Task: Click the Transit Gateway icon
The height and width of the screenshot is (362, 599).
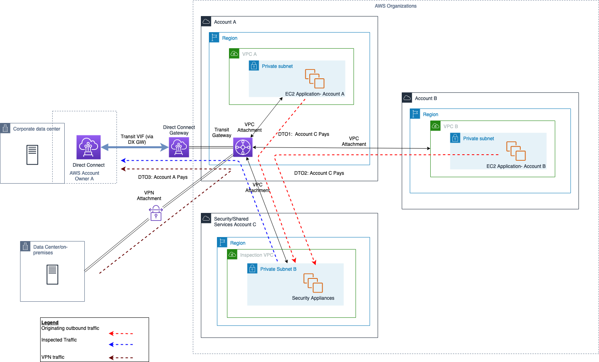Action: [x=243, y=147]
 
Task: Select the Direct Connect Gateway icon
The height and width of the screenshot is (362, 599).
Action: [x=179, y=147]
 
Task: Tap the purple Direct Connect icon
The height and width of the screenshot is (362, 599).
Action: [x=88, y=147]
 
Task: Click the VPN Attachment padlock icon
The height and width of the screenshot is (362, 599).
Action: [x=156, y=213]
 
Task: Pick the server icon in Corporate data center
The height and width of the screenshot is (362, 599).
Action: [x=32, y=155]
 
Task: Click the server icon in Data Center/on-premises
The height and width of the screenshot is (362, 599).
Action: [x=52, y=274]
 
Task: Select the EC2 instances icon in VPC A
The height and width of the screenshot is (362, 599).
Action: [x=315, y=79]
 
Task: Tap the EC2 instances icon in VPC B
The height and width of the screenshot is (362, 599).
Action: [x=516, y=151]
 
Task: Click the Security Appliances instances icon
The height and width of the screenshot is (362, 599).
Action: [x=313, y=283]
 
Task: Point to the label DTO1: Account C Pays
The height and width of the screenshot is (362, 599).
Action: [x=304, y=134]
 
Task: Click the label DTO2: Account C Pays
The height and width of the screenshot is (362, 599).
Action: [x=319, y=173]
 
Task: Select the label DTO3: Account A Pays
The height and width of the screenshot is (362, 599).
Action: [x=163, y=177]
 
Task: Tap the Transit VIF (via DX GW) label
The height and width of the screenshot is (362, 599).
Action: [x=137, y=139]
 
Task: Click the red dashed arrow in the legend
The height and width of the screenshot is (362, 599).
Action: [x=121, y=333]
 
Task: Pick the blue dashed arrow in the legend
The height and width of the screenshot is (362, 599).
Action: [x=121, y=344]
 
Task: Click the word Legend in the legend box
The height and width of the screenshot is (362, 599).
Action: [x=50, y=323]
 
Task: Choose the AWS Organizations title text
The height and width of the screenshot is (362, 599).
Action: [x=395, y=6]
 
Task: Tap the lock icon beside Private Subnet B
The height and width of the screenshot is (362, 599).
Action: [x=252, y=268]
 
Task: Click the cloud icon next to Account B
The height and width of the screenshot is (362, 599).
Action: [x=407, y=98]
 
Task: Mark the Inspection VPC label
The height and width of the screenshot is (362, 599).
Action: [x=257, y=255]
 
